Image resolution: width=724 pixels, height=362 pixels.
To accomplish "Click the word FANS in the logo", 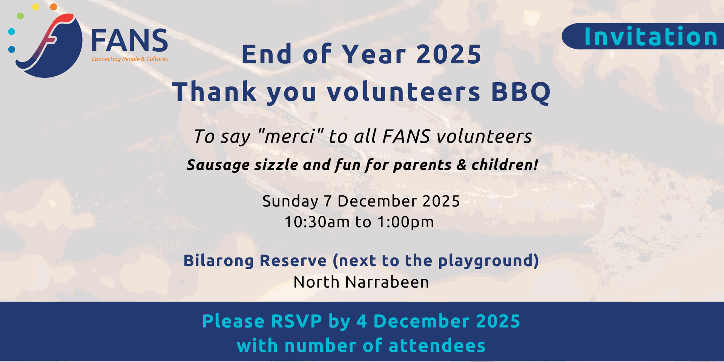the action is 129,40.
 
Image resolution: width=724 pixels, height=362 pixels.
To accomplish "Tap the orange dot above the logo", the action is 54,7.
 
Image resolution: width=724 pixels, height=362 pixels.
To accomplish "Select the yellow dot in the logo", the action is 35,7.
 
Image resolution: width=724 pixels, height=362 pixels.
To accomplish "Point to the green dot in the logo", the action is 20,16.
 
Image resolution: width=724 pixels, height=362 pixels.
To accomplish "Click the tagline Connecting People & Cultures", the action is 130,59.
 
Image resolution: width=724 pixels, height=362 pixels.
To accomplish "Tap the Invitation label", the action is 650,37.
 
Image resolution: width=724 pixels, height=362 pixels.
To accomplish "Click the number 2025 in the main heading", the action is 449,54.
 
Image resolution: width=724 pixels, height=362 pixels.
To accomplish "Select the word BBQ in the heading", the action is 521,92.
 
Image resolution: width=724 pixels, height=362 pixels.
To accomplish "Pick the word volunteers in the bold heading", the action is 403,92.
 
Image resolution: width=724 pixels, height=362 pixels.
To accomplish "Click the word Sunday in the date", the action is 290,201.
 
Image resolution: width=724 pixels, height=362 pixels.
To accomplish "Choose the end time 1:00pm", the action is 406,222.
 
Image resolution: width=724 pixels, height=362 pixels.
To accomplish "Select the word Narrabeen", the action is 387,282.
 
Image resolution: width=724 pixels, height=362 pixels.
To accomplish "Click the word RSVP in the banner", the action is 296,321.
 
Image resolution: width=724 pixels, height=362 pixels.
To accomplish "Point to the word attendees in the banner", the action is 437,346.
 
